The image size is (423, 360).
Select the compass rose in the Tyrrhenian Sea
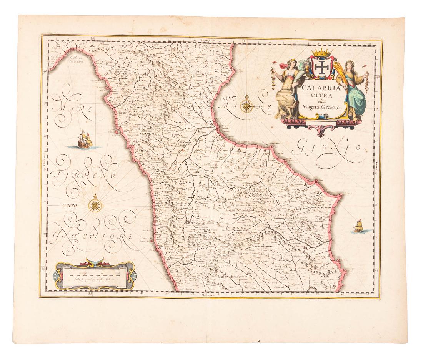coord(95,204)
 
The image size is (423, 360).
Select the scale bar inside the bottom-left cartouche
coord(94,274)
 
